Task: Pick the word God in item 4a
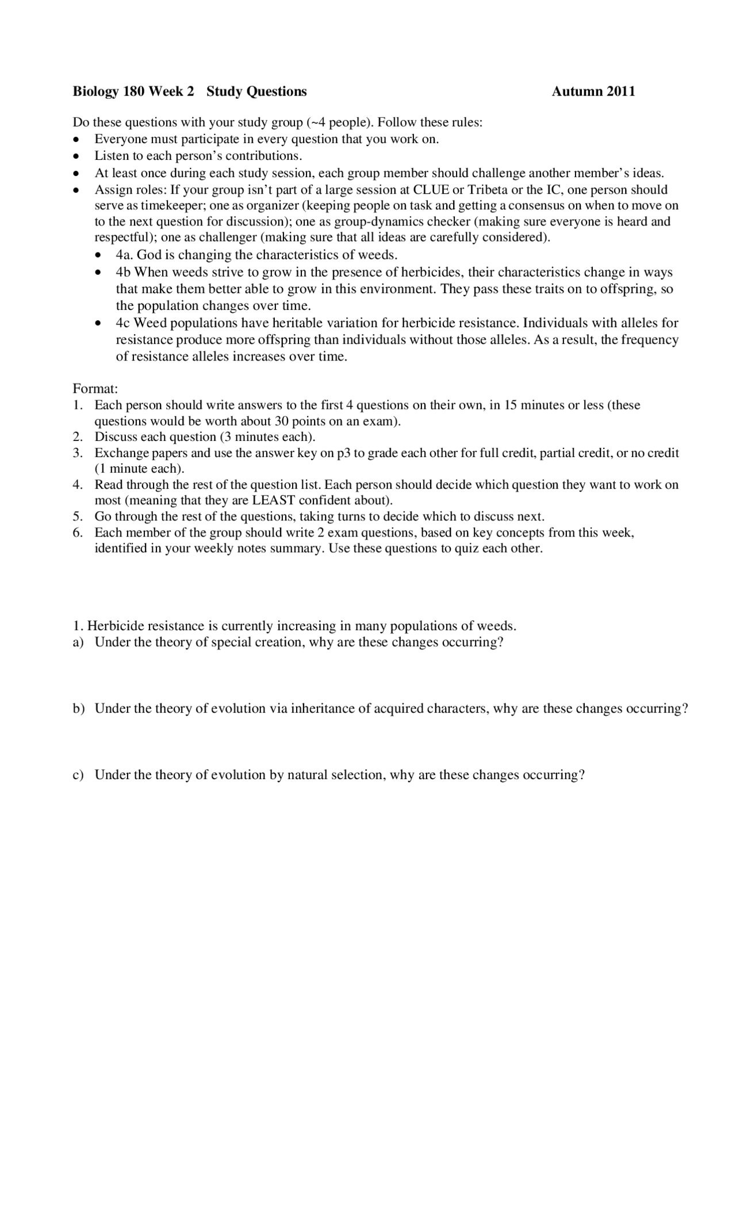pyautogui.click(x=149, y=255)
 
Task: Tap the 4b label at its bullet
pyautogui.click(x=124, y=272)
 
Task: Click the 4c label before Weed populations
pyautogui.click(x=123, y=323)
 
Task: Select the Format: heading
pyautogui.click(x=95, y=389)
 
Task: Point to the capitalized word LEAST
pyautogui.click(x=274, y=500)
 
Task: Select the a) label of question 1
pyautogui.click(x=78, y=642)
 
